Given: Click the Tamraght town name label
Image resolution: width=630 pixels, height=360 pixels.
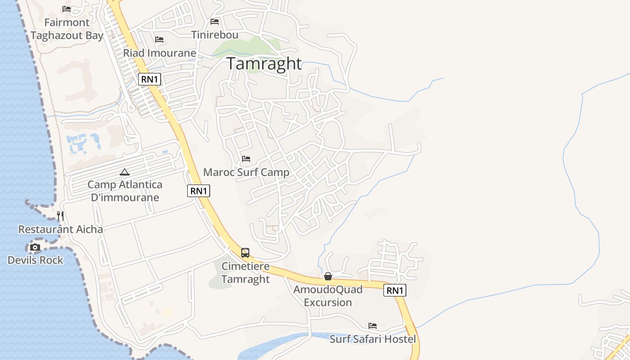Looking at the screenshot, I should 264,64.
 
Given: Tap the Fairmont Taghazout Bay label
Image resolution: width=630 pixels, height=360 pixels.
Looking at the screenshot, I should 67,29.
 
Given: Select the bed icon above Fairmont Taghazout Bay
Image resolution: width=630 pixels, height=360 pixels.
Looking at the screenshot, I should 67,9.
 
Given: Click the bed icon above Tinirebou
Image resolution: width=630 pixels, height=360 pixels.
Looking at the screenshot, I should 215,22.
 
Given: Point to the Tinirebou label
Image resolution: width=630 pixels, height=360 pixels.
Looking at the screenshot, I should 215,35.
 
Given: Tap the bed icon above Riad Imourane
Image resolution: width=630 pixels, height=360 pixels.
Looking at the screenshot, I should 159,40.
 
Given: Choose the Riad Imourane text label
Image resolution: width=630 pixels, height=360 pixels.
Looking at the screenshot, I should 160,53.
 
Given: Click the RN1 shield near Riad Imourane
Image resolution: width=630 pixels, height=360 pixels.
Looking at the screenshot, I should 149,80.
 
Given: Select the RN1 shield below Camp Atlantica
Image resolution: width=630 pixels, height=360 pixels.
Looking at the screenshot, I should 198,191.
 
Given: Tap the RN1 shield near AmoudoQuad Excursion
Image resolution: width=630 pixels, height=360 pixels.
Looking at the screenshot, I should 395,291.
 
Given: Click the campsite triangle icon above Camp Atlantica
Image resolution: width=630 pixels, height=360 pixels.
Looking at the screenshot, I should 125,172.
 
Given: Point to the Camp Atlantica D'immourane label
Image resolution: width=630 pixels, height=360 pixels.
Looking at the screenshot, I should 125,191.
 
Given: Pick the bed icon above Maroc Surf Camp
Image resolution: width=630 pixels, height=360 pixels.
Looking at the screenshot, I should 246,159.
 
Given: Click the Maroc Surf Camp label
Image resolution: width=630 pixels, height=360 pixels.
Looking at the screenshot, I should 246,172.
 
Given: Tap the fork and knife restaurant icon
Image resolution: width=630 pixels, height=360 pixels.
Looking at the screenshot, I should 60,216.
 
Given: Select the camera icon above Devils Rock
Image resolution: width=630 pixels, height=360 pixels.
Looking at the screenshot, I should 35,247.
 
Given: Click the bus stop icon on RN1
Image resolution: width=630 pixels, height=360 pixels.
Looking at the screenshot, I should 245,253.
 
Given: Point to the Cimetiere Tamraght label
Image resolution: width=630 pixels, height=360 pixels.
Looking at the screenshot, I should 245,273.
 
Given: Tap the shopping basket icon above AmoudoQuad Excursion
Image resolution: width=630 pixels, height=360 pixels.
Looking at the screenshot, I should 328,276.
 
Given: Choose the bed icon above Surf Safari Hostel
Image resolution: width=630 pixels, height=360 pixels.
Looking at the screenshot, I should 373,326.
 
